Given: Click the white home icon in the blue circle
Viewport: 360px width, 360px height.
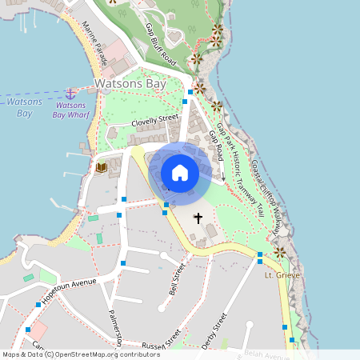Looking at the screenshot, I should point(180,172).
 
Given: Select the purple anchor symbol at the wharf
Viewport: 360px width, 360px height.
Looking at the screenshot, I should point(70,94).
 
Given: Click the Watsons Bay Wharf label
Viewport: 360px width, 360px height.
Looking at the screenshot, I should point(70,110).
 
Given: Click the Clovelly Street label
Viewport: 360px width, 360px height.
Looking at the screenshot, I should point(155,120).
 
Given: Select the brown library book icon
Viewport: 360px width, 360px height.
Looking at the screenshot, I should point(101,167).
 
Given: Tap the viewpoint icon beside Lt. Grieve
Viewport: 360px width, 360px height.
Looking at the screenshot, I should point(279,253).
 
